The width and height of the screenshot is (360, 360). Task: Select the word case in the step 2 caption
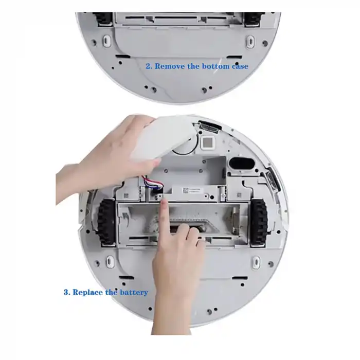pyautogui.click(x=239, y=66)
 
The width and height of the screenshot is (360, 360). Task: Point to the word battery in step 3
pyautogui.click(x=134, y=292)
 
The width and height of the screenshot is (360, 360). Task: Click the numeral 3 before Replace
pyautogui.click(x=66, y=292)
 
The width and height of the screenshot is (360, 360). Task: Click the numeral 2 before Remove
pyautogui.click(x=148, y=66)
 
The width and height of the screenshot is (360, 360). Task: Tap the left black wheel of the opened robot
pyautogui.click(x=106, y=222)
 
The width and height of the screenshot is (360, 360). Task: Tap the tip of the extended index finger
pyautogui.click(x=162, y=203)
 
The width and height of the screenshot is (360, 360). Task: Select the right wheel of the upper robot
pyautogui.click(x=253, y=17)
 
